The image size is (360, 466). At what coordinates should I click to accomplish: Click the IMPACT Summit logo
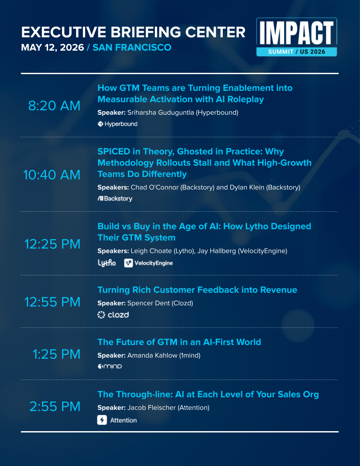[x=296, y=37]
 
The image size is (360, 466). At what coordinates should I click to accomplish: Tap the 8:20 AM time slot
[x=54, y=106]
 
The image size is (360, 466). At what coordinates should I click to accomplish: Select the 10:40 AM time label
[x=52, y=175]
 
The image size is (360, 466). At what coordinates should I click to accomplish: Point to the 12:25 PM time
[x=52, y=244]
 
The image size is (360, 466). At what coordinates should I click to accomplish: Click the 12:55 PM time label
[x=52, y=302]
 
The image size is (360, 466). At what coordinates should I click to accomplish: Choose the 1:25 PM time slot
[x=56, y=354]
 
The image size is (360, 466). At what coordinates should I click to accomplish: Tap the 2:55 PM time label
[x=55, y=406]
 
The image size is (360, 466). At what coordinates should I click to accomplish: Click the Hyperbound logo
[x=117, y=124]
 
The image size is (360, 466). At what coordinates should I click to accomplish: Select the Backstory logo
[x=115, y=199]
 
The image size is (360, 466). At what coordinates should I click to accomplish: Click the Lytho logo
[x=107, y=263]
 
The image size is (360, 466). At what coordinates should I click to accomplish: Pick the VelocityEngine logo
[x=149, y=263]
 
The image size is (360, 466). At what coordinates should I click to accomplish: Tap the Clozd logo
[x=113, y=315]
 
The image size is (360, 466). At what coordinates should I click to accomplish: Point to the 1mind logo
[x=109, y=367]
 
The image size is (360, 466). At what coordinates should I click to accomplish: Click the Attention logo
[x=117, y=420]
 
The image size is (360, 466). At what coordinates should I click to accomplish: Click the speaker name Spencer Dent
[x=144, y=303]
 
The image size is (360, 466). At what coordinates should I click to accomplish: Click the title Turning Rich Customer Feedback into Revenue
[x=197, y=290]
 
